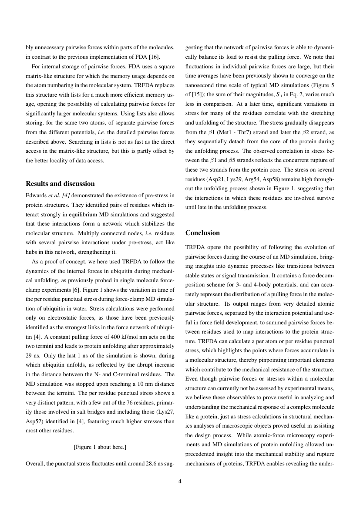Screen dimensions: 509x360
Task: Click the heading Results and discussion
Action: [60, 184]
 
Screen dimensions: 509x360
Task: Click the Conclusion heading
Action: [202, 233]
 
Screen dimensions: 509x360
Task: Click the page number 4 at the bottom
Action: [180, 481]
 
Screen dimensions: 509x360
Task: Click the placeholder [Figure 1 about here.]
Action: [100, 447]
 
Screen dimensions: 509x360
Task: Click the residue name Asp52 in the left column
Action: [34, 421]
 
